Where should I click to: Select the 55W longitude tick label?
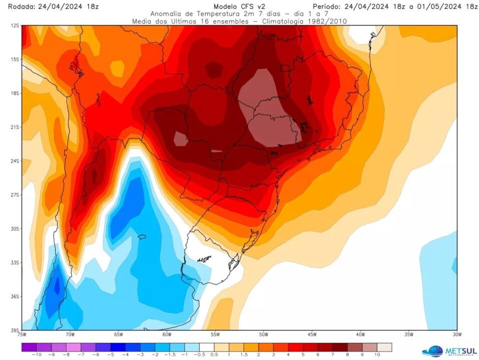coord(215,334)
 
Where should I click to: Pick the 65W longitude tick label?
coord(118,334)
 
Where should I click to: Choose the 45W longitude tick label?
coord(312,334)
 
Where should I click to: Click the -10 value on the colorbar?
coord(36,354)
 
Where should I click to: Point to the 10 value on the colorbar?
coord(377,354)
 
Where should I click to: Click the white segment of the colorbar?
coord(206,346)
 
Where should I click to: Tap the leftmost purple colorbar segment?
coord(29,346)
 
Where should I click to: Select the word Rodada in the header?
coord(15,6)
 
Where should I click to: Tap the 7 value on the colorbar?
coord(332,354)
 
